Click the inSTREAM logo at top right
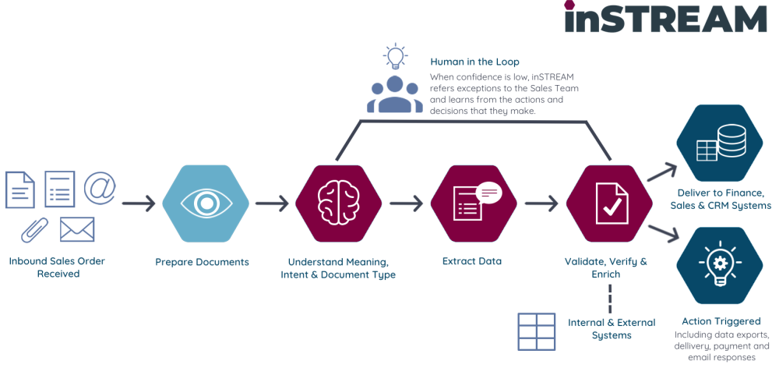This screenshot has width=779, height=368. point(665,18)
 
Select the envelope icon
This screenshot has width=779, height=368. point(77,229)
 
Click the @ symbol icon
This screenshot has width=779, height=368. point(100,188)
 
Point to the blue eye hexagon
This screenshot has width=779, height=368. point(206,204)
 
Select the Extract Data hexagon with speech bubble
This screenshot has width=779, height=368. point(474,204)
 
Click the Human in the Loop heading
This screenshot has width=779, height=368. point(474,62)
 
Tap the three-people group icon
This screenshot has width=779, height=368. point(395,94)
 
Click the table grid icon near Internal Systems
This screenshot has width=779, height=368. point(538,331)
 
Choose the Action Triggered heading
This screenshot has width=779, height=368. point(721,320)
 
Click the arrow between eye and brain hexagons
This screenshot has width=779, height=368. point(272,205)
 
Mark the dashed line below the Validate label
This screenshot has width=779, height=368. point(610,298)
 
